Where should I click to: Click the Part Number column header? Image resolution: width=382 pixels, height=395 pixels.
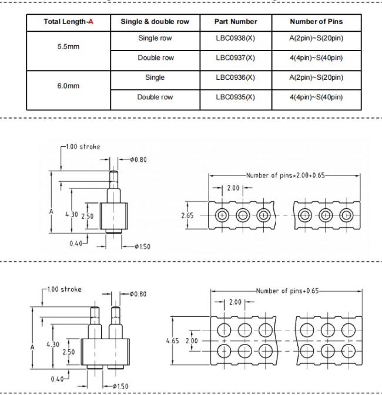pyautogui.click(x=236, y=22)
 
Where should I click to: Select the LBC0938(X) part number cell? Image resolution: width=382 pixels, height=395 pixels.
pyautogui.click(x=236, y=38)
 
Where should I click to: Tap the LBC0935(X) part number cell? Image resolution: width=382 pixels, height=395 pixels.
pyautogui.click(x=236, y=97)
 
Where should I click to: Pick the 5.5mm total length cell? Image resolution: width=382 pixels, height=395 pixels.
pyautogui.click(x=68, y=46)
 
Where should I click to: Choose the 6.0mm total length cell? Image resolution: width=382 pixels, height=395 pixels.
pyautogui.click(x=68, y=86)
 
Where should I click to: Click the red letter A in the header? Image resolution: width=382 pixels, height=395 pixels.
pyautogui.click(x=91, y=22)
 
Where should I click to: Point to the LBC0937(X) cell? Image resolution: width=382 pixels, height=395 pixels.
pyautogui.click(x=236, y=58)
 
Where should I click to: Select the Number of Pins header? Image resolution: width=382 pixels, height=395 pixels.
pyautogui.click(x=316, y=22)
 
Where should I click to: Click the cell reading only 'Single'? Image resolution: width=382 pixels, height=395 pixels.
pyautogui.click(x=155, y=77)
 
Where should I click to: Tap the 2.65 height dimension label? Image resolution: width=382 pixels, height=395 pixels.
pyautogui.click(x=187, y=215)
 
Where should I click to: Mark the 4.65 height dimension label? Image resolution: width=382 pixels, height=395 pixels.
pyautogui.click(x=173, y=341)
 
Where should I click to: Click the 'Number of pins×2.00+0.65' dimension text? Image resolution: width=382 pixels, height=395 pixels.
pyautogui.click(x=286, y=175)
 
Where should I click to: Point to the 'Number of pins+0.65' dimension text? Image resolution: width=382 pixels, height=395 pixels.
pyautogui.click(x=287, y=291)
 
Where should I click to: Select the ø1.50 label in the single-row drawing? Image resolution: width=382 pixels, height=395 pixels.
pyautogui.click(x=143, y=247)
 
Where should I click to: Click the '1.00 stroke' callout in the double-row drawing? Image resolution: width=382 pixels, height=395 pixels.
pyautogui.click(x=64, y=289)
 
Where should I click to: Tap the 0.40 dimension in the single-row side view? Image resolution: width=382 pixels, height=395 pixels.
pyautogui.click(x=76, y=244)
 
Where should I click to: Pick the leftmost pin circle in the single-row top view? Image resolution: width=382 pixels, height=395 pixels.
pyautogui.click(x=222, y=215)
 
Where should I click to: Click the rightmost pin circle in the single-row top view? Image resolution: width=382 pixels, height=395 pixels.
pyautogui.click(x=346, y=215)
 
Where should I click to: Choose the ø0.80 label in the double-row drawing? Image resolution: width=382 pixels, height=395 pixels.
pyautogui.click(x=138, y=294)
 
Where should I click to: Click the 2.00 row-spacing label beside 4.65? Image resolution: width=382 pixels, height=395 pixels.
pyautogui.click(x=192, y=341)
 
